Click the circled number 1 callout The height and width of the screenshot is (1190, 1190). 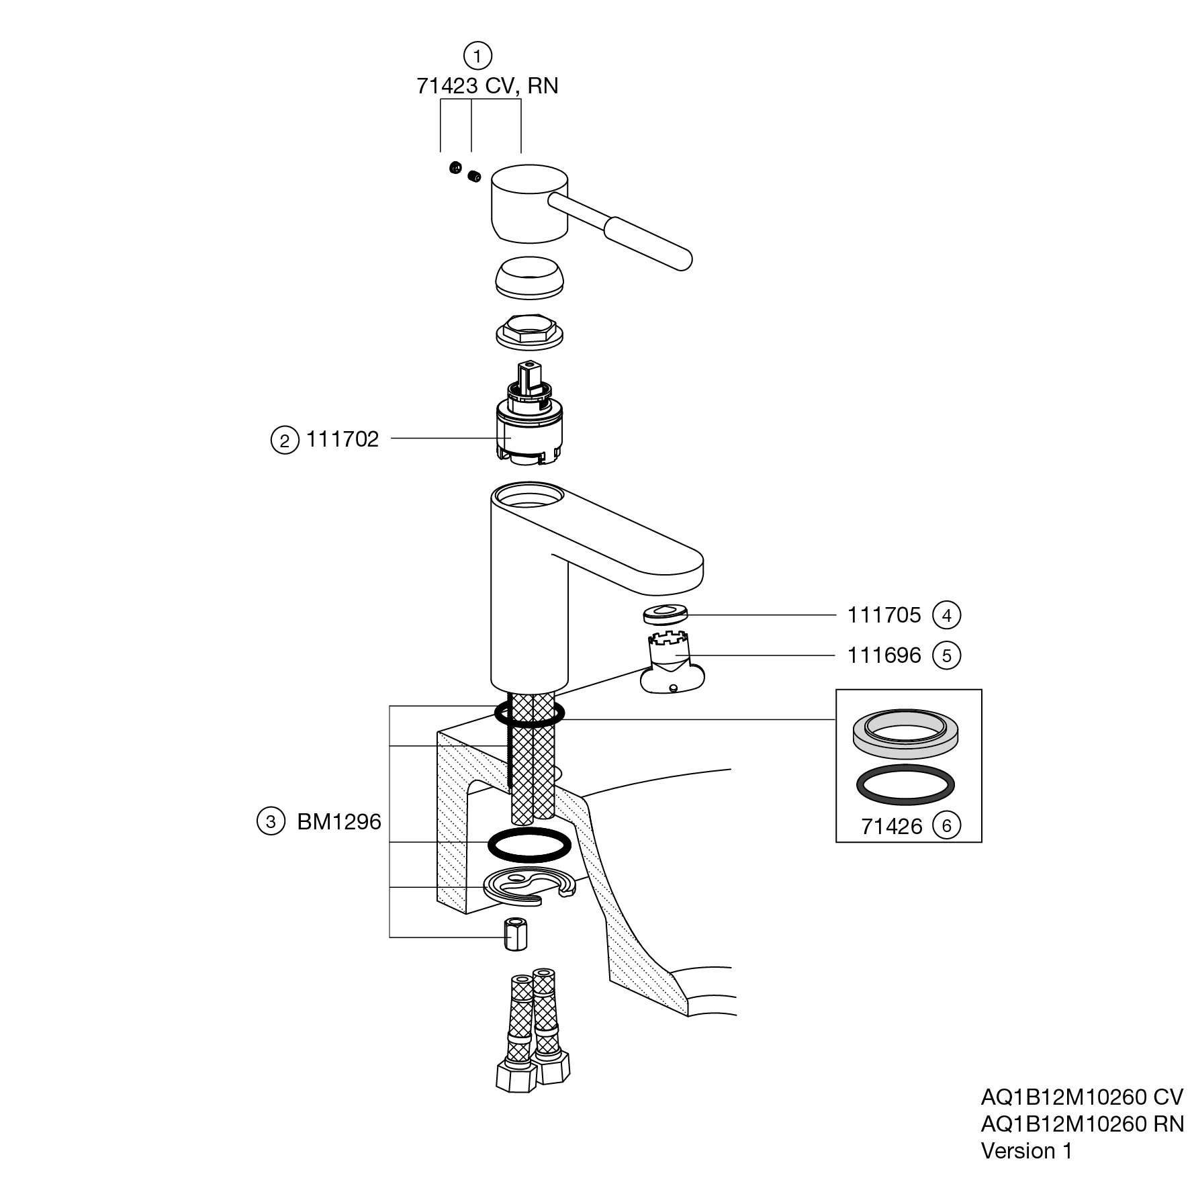(477, 56)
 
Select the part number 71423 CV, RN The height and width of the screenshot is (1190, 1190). (487, 86)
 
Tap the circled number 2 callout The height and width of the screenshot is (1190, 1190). (285, 441)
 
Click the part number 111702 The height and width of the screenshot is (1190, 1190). (342, 439)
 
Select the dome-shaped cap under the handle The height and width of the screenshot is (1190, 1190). (529, 277)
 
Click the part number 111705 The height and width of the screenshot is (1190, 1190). (884, 615)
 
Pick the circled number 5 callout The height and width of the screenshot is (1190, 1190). (947, 655)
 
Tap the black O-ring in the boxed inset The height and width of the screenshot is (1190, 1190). (905, 784)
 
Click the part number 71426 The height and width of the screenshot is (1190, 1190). (892, 827)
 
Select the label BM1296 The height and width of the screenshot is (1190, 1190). (339, 822)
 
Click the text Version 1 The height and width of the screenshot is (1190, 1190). (1026, 1150)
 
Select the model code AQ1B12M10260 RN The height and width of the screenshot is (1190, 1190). (1082, 1124)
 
